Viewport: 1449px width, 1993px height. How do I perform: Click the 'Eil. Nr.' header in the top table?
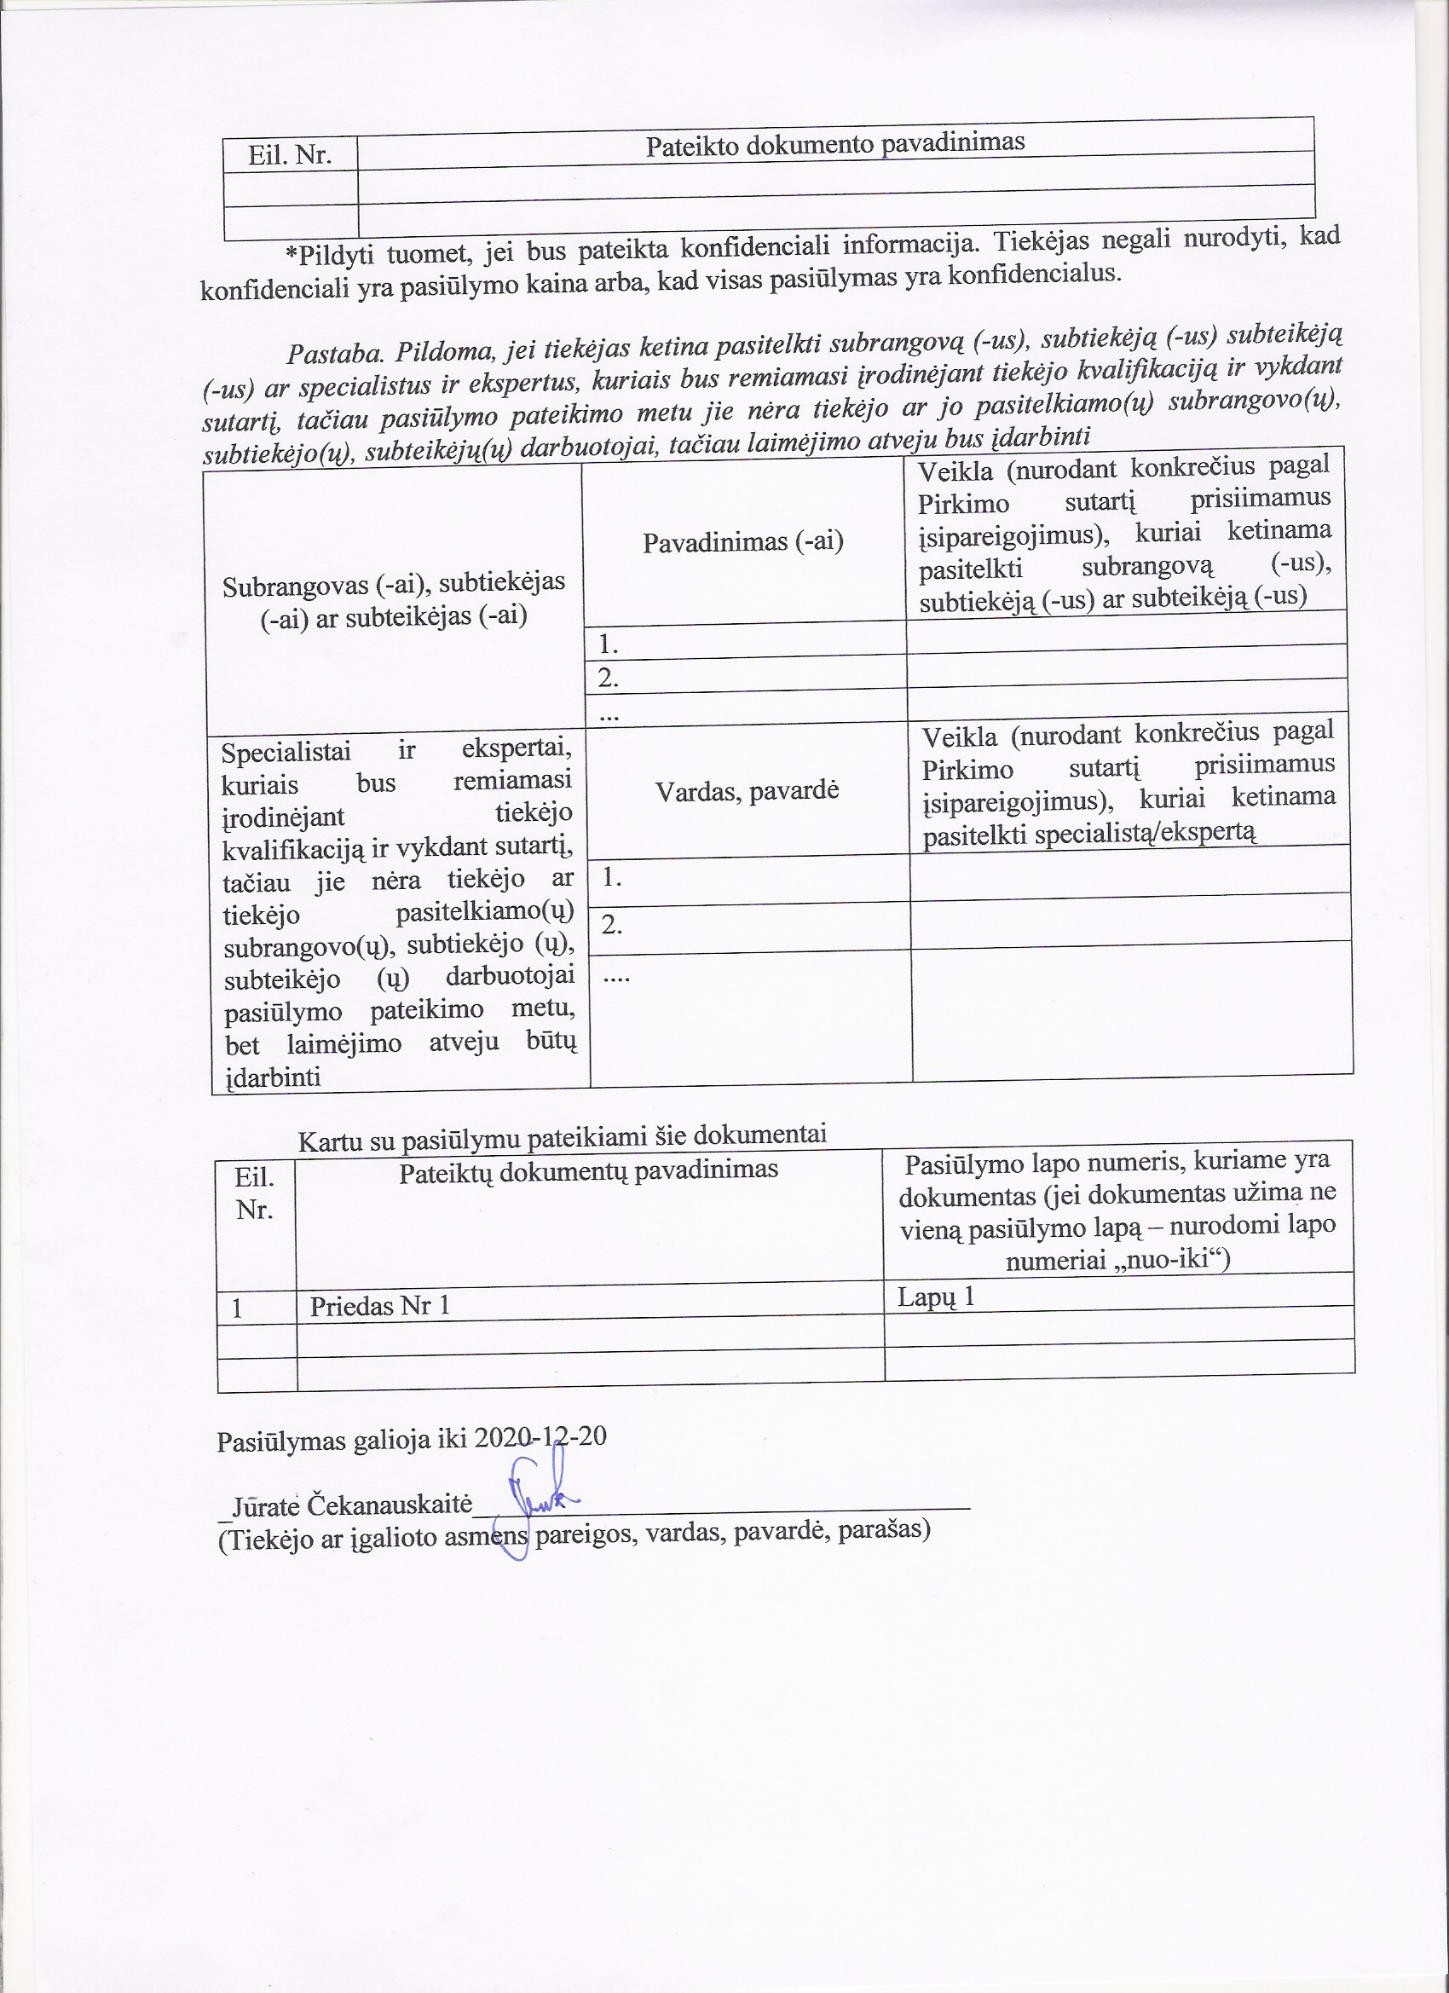point(289,155)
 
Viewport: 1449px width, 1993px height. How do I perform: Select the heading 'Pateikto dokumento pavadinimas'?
point(834,143)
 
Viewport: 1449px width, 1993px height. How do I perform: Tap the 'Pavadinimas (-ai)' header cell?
point(742,542)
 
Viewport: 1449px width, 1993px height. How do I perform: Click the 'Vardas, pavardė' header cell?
point(747,790)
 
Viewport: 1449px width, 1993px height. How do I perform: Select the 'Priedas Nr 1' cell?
point(379,1306)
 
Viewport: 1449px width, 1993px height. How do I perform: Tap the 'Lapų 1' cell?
point(936,1297)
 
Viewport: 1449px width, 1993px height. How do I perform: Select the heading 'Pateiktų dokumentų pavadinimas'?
point(588,1170)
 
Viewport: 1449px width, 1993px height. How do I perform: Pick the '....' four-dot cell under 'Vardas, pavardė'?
point(616,973)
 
